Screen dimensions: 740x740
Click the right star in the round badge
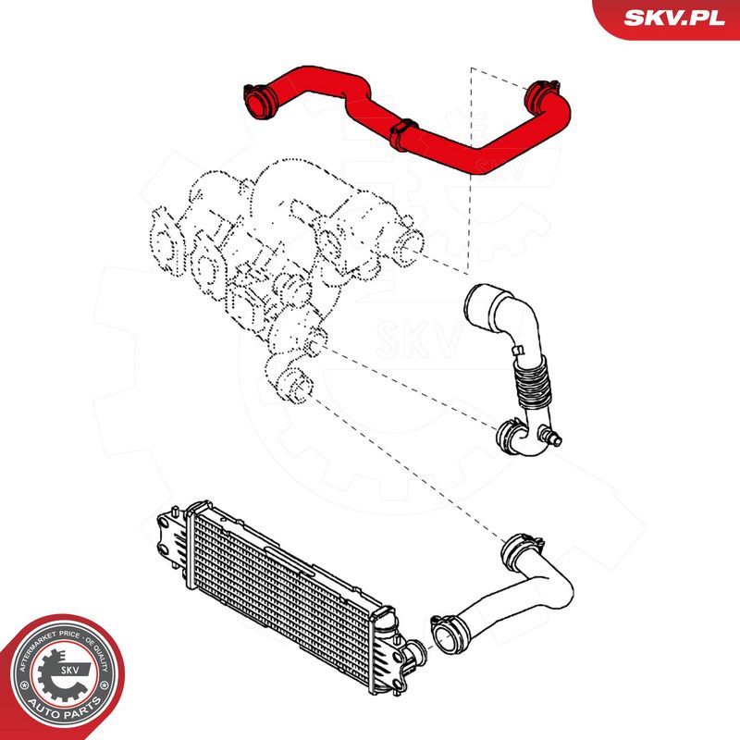click(105, 690)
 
